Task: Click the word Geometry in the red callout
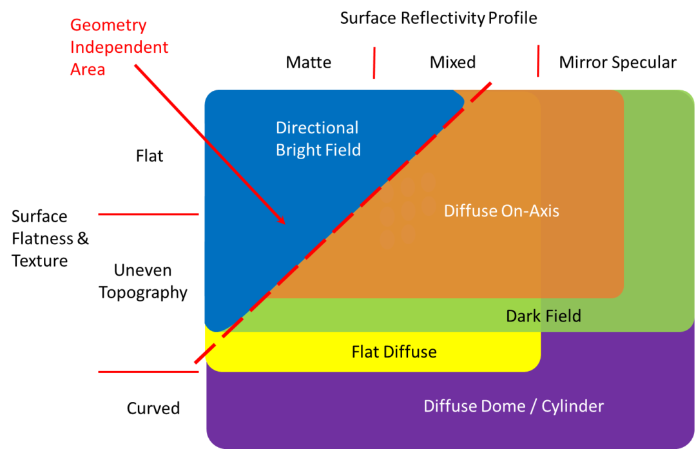point(108,26)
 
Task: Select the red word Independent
point(119,48)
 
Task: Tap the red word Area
point(88,69)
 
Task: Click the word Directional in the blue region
point(317,128)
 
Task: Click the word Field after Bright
point(342,150)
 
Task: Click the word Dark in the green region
point(523,316)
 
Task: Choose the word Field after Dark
point(563,316)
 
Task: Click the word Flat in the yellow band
point(365,352)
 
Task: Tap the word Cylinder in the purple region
point(573,406)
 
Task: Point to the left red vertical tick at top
point(374,62)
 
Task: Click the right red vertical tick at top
point(538,61)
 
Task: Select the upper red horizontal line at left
point(149,215)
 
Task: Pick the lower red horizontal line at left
point(149,372)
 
